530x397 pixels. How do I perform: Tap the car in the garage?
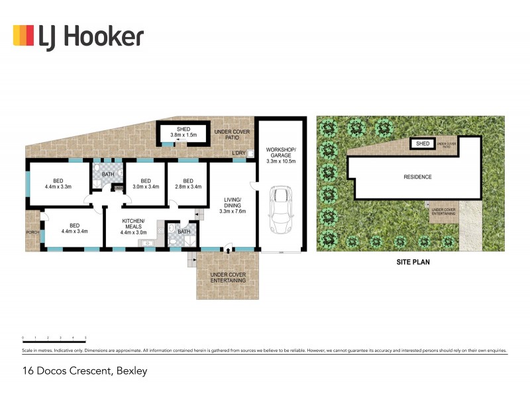(x=281, y=209)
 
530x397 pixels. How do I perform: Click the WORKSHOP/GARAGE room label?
(x=280, y=155)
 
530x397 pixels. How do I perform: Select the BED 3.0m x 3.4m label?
(x=146, y=184)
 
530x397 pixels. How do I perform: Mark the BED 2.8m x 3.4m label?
(x=187, y=184)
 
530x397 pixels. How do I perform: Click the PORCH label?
(x=32, y=232)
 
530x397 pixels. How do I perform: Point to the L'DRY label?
(x=238, y=154)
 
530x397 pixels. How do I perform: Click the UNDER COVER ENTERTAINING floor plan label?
(x=228, y=277)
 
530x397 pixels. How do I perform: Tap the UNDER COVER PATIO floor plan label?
(x=232, y=136)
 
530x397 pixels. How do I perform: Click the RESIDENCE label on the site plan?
(x=417, y=177)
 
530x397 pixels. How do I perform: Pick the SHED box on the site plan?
(x=422, y=144)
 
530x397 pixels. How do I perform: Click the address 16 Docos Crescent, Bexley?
(x=84, y=371)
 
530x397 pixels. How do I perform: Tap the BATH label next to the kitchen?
(x=184, y=232)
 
